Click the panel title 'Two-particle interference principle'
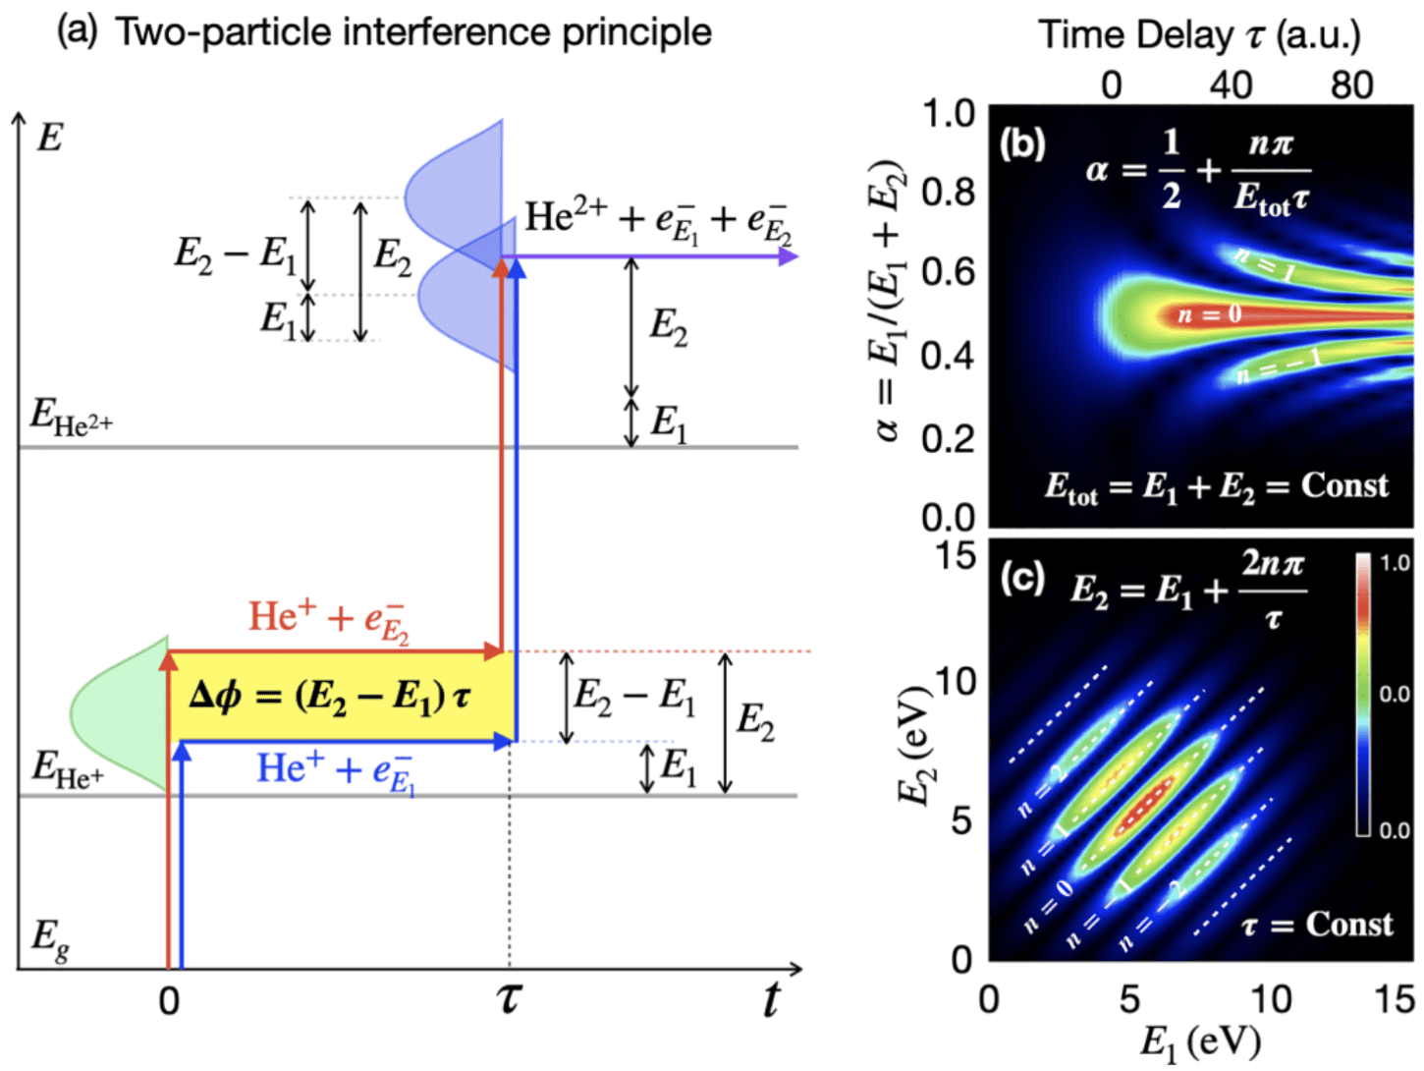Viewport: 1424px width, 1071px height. [x=412, y=32]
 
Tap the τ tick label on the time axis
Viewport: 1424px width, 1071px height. [x=509, y=999]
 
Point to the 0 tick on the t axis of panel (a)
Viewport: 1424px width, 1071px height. [x=169, y=1001]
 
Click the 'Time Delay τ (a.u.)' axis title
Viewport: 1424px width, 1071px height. [x=1199, y=35]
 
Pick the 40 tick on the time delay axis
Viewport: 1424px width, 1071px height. [x=1231, y=85]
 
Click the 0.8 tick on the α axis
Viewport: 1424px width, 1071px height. [x=948, y=192]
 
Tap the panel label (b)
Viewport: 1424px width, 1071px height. [x=1022, y=144]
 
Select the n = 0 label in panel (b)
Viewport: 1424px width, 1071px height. [x=1209, y=314]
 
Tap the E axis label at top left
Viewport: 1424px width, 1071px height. [x=49, y=138]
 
